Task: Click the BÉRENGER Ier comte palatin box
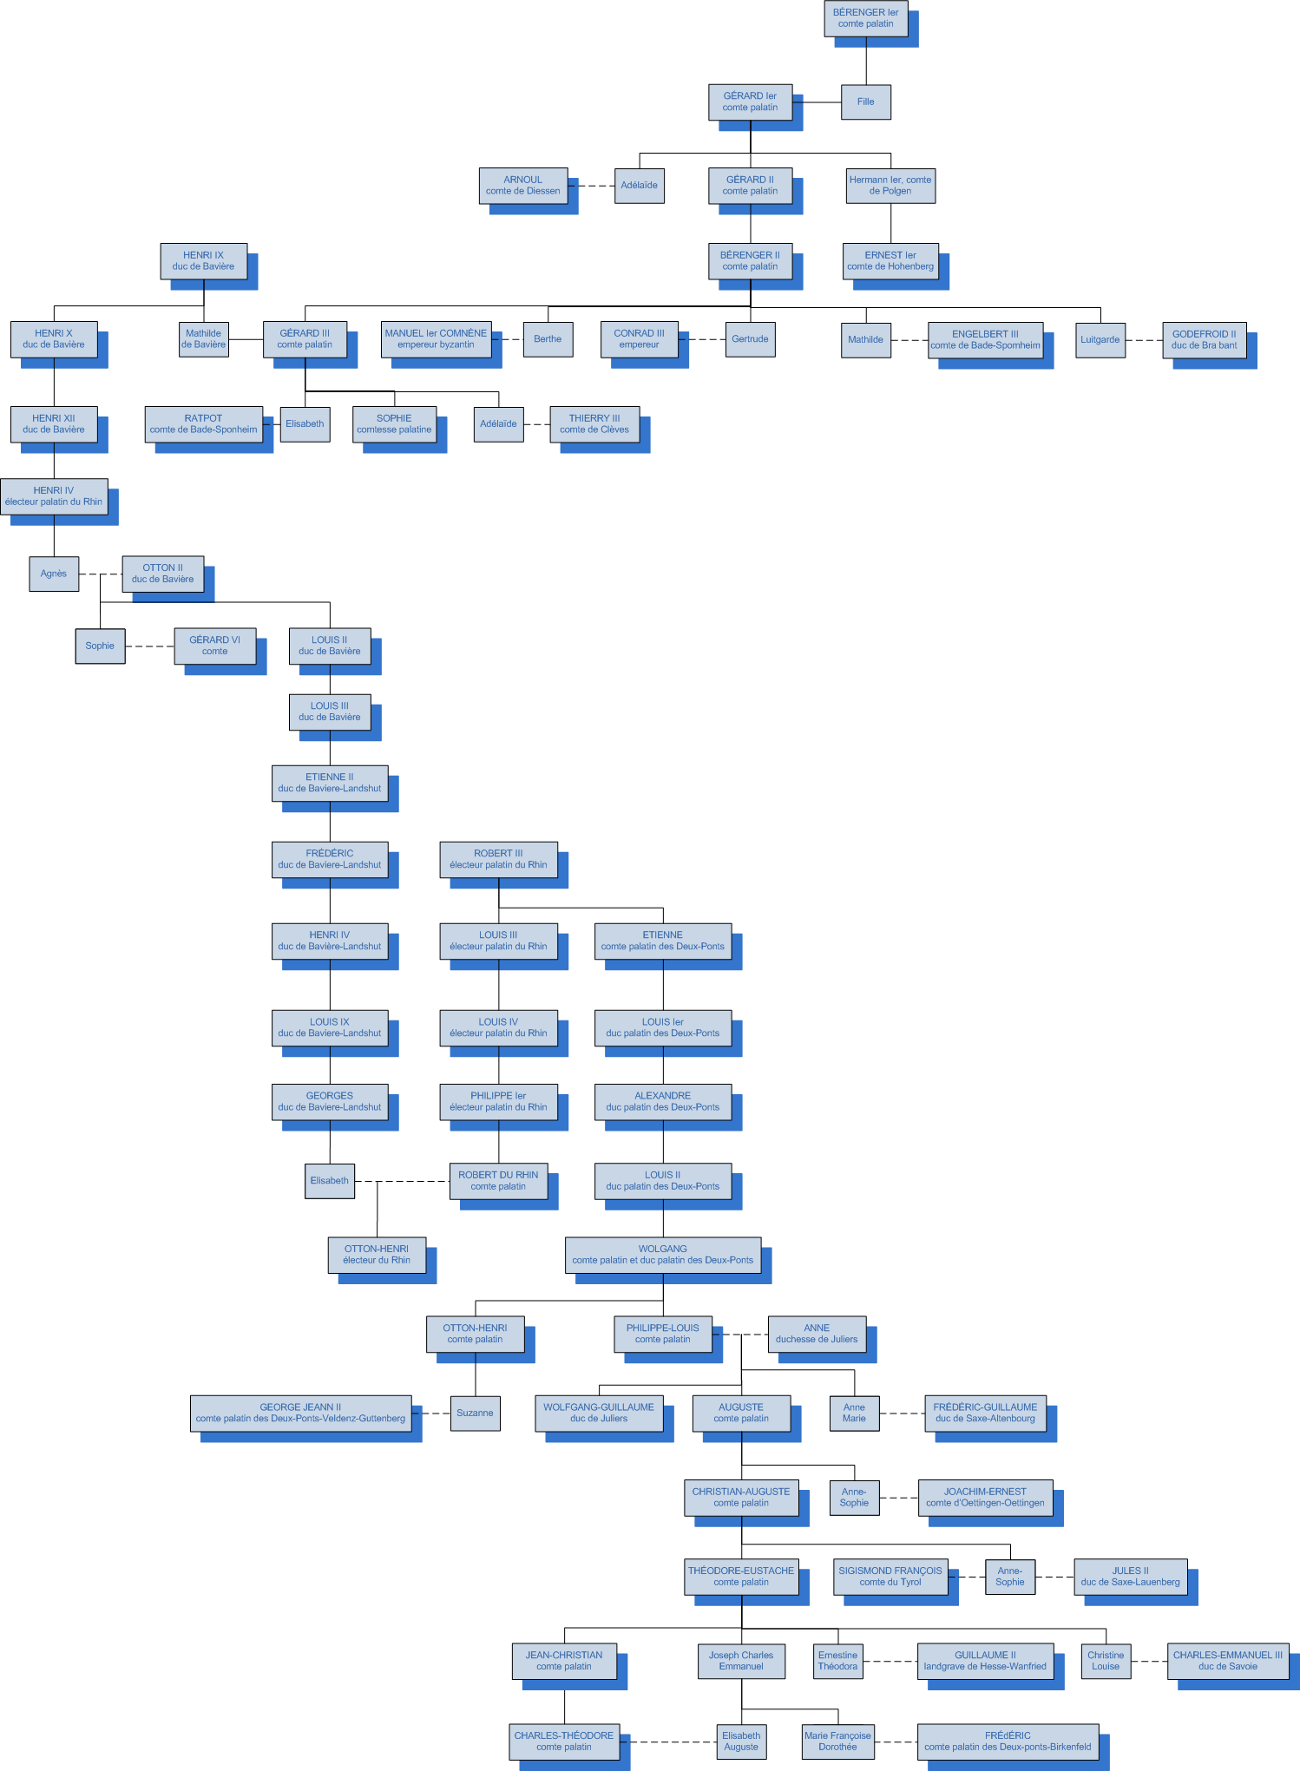[865, 18]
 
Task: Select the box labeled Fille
[865, 102]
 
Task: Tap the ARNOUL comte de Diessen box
[522, 186]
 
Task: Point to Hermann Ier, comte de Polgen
[890, 186]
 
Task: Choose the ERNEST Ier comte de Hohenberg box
[890, 261]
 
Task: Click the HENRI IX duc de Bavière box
[203, 261]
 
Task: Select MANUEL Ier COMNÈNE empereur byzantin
[436, 339]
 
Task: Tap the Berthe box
[548, 339]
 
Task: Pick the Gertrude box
[750, 339]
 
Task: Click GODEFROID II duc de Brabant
[1204, 340]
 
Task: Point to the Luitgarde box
[1100, 340]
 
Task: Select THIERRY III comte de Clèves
[594, 424]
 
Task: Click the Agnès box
[54, 574]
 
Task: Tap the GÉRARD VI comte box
[214, 646]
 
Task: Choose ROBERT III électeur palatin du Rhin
[498, 859]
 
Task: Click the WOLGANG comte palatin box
[662, 1255]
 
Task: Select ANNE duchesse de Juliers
[817, 1334]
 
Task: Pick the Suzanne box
[475, 1413]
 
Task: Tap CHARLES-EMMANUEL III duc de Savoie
[1227, 1661]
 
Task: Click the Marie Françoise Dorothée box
[837, 1741]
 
